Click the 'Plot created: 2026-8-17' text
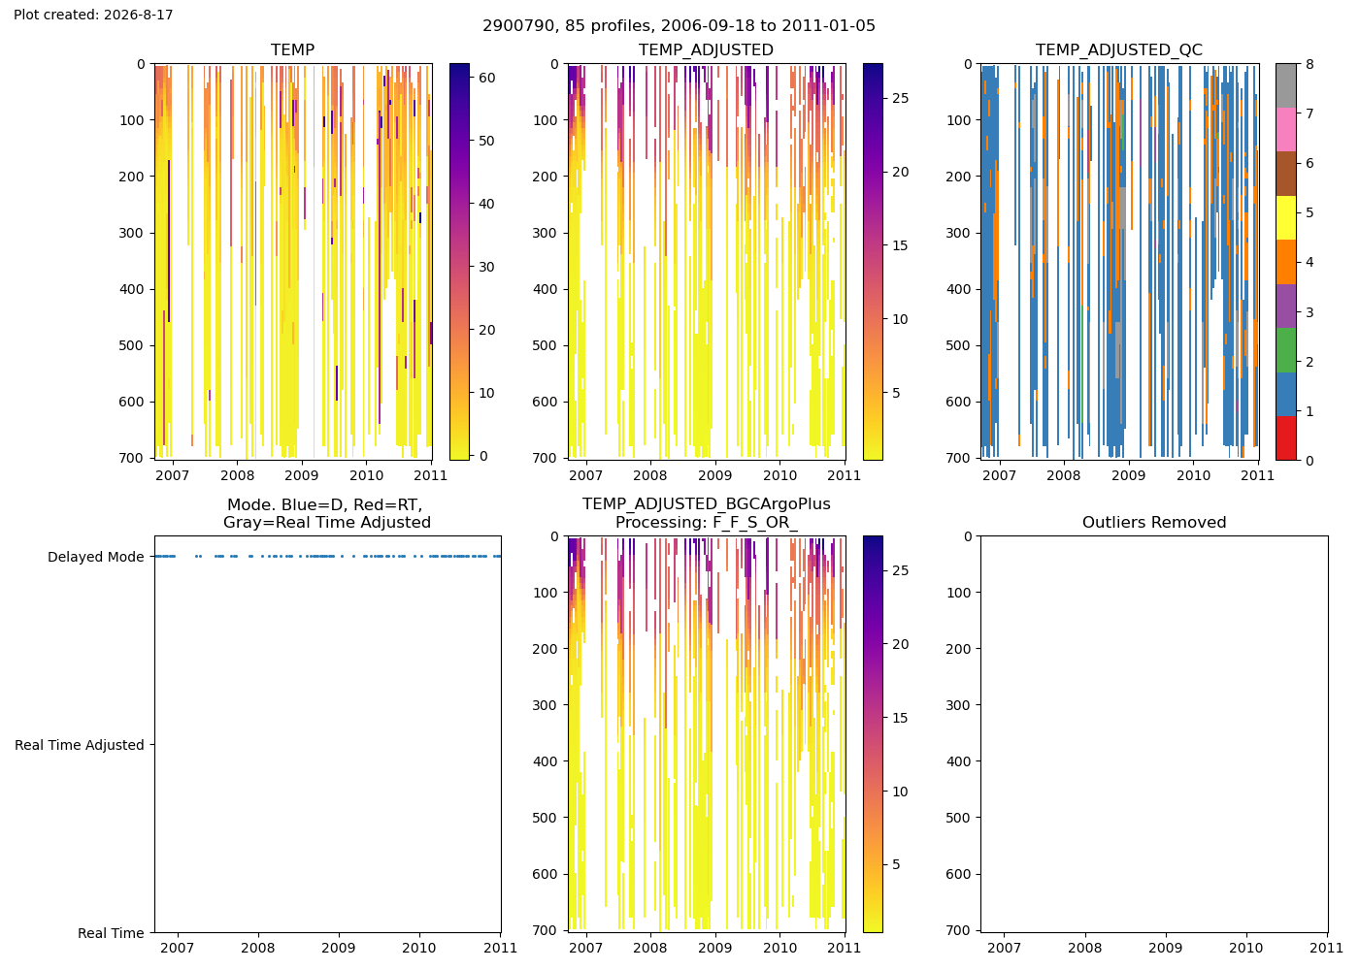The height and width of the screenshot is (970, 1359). click(x=93, y=15)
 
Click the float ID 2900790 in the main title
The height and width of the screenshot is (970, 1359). click(x=517, y=26)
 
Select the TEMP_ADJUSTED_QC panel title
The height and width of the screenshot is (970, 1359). click(x=1118, y=49)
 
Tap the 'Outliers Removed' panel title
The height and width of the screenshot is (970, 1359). click(x=1154, y=523)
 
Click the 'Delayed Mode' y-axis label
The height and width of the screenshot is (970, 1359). click(x=96, y=557)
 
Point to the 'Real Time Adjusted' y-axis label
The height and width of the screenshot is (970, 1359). click(x=80, y=745)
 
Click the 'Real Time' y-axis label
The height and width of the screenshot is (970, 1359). click(x=111, y=933)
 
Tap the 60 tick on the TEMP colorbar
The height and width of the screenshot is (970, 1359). click(x=487, y=78)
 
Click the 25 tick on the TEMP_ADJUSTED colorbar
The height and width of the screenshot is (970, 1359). click(x=901, y=98)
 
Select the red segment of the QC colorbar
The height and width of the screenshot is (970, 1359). click(x=1285, y=437)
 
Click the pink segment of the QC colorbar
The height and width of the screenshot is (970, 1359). click(x=1285, y=130)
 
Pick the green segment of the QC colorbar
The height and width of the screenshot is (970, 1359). click(x=1285, y=350)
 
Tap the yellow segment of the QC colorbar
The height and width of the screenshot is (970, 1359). click(x=1285, y=217)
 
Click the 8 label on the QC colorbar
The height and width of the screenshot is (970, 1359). click(x=1309, y=64)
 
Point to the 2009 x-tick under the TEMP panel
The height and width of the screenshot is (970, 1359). click(x=302, y=475)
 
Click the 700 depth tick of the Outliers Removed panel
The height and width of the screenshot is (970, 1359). click(x=959, y=930)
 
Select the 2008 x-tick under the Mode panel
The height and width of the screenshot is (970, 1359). click(x=258, y=949)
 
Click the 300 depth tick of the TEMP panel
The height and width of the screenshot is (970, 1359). click(x=132, y=233)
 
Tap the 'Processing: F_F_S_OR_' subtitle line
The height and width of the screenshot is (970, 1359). click(x=707, y=523)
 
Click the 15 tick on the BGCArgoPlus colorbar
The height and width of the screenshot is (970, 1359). click(x=901, y=719)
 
